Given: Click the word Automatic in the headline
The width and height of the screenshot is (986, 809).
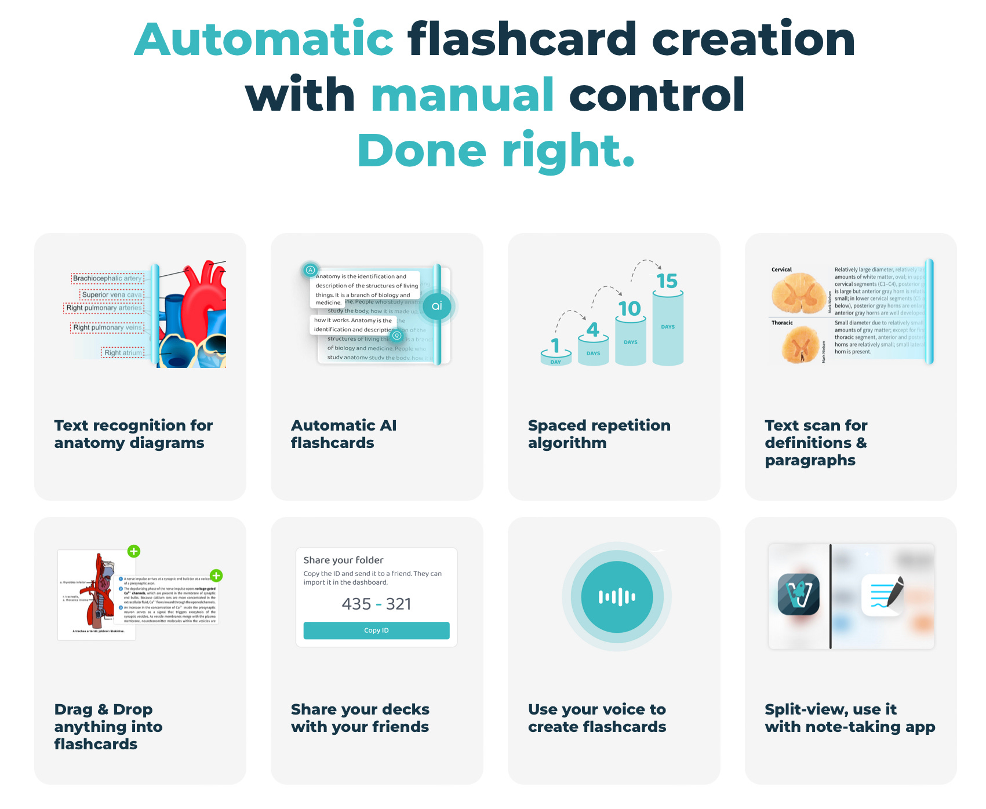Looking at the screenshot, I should pyautogui.click(x=264, y=39).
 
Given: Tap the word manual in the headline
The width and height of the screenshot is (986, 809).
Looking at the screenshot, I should pyautogui.click(x=463, y=95).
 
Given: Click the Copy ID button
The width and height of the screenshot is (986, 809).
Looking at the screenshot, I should pyautogui.click(x=376, y=631).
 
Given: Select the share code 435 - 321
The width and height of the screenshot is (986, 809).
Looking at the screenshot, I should pyautogui.click(x=376, y=604).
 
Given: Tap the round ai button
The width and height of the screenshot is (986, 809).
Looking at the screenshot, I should pyautogui.click(x=436, y=306).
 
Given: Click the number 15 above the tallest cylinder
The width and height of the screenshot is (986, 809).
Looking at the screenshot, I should pyautogui.click(x=667, y=281).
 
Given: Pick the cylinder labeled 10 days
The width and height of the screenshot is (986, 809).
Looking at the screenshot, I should pyautogui.click(x=630, y=342).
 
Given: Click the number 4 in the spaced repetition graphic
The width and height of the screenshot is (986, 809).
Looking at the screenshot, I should pyautogui.click(x=592, y=330).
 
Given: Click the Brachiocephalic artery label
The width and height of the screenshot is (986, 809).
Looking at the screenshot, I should pyautogui.click(x=107, y=278).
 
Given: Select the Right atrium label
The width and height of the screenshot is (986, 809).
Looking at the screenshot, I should pyautogui.click(x=122, y=352).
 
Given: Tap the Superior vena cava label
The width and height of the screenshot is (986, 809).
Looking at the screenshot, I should pyautogui.click(x=111, y=294).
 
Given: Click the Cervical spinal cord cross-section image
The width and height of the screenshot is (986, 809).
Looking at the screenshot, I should pyautogui.click(x=799, y=293).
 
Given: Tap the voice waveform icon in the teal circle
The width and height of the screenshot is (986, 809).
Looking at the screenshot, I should pyautogui.click(x=617, y=597).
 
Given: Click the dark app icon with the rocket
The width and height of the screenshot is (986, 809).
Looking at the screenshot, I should pyautogui.click(x=798, y=594).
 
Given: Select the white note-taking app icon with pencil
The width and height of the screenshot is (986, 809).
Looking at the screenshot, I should pyautogui.click(x=883, y=595).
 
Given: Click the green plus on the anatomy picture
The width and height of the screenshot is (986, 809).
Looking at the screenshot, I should pyautogui.click(x=134, y=551).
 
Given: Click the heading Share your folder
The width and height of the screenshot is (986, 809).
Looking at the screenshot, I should pyautogui.click(x=343, y=560).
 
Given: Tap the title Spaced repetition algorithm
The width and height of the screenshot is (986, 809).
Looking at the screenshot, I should pyautogui.click(x=599, y=433).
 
